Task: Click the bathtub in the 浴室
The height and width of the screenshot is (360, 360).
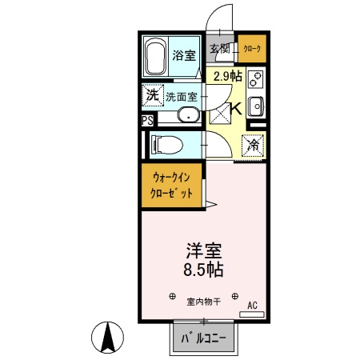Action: tap(158, 55)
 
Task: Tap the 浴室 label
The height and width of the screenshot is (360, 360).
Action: tap(184, 55)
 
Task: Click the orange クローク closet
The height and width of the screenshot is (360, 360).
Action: tap(250, 50)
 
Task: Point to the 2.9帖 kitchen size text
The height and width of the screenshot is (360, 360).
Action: tap(227, 77)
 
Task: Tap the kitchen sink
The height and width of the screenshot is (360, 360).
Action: tap(256, 106)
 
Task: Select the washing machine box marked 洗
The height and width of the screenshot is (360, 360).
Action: tap(152, 96)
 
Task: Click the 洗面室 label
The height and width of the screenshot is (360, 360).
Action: tap(182, 97)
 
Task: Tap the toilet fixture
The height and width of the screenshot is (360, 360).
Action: tap(166, 145)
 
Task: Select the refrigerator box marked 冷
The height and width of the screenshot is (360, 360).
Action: tap(252, 146)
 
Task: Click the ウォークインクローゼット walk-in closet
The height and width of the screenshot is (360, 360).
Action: tap(170, 186)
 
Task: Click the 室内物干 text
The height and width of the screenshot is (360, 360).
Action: tap(205, 302)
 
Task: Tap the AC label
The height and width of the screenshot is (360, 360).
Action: tap(252, 305)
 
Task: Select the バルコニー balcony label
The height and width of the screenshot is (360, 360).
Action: tap(205, 340)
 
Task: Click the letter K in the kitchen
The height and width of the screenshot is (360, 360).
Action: tap(237, 110)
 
